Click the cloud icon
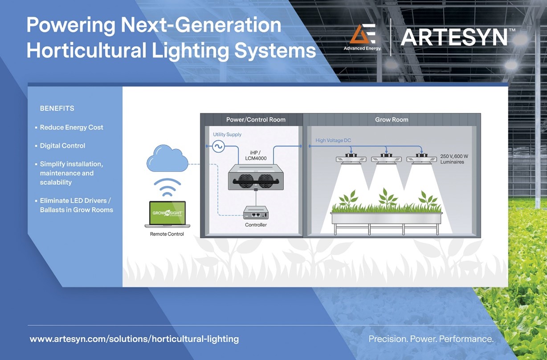click(x=167, y=160)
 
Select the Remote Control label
click(x=167, y=234)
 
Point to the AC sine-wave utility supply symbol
click(x=218, y=146)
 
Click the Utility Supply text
click(x=227, y=134)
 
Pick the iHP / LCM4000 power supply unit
click(x=256, y=177)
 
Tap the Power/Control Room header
click(x=256, y=119)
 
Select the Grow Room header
click(x=392, y=119)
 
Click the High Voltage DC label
click(x=333, y=140)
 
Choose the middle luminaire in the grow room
click(x=386, y=159)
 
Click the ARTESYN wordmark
click(x=454, y=37)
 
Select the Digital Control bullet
click(x=62, y=146)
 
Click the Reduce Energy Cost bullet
click(x=71, y=127)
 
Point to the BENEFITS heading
click(x=57, y=108)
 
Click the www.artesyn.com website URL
click(x=134, y=339)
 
